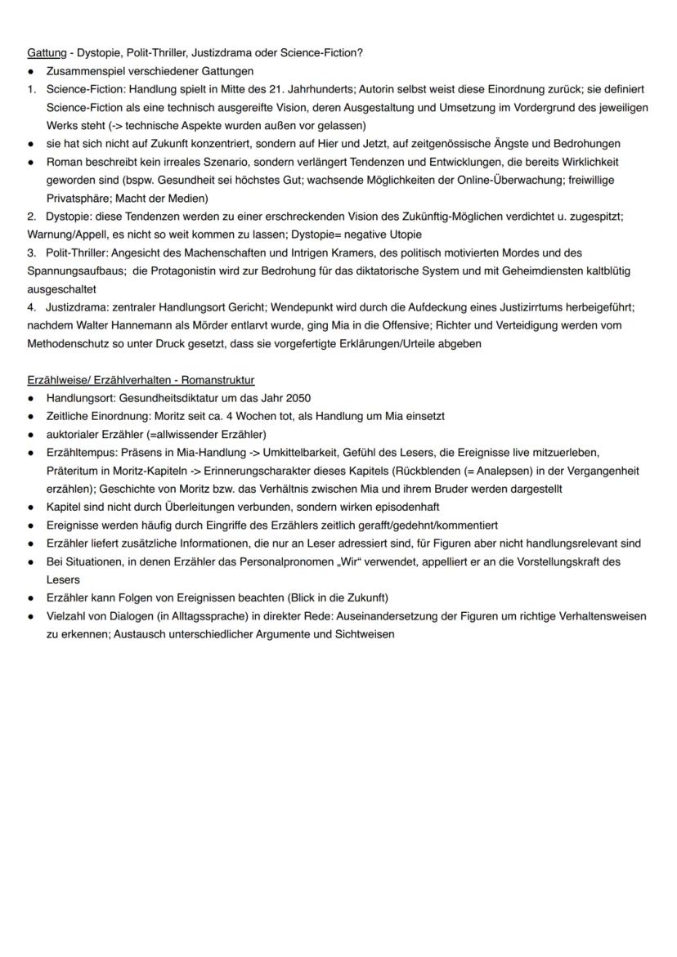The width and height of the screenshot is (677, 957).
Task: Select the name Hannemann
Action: (125, 325)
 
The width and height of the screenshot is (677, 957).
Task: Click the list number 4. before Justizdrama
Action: (31, 307)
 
